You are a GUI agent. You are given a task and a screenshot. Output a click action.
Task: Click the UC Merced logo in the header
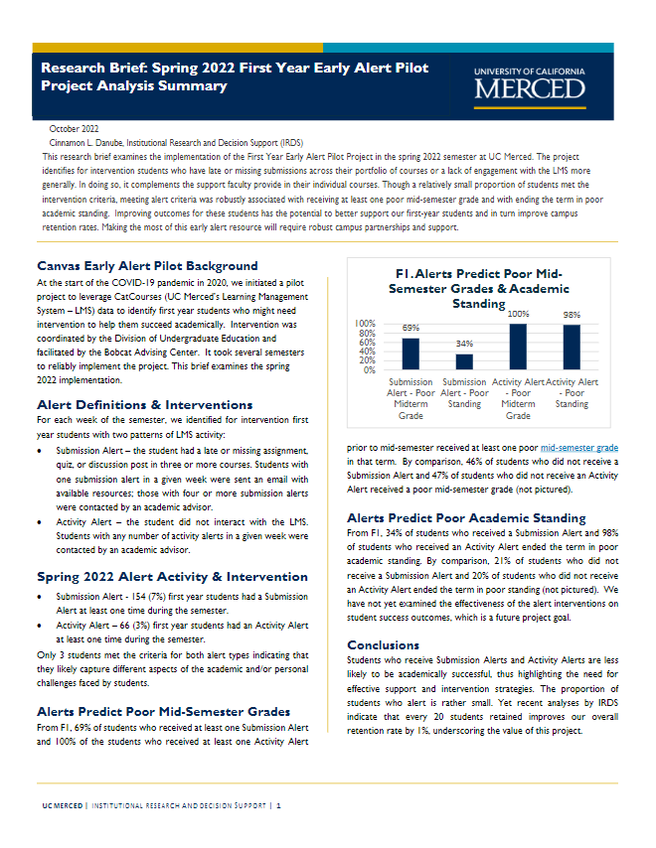[x=531, y=84]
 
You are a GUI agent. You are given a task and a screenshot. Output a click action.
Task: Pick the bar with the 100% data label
[x=517, y=347]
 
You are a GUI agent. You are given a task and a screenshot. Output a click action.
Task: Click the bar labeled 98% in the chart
[x=572, y=348]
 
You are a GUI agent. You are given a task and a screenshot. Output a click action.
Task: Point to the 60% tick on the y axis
[x=366, y=342]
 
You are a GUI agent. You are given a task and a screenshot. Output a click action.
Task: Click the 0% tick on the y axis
[x=368, y=369]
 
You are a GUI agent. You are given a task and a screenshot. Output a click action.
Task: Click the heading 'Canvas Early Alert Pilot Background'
[x=147, y=266]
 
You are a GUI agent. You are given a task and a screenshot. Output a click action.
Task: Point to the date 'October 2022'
[x=74, y=130]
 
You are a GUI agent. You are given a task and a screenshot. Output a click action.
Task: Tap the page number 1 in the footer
[x=279, y=805]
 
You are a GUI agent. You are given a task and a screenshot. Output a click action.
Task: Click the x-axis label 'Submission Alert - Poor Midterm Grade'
[x=410, y=398]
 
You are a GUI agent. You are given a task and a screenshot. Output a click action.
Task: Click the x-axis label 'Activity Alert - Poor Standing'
[x=573, y=392]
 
